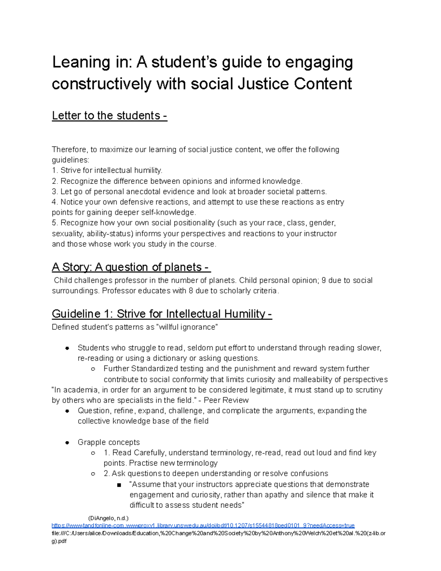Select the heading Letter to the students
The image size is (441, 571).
(109, 115)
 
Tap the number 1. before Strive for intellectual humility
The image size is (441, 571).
(55, 170)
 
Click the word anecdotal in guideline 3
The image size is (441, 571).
(143, 192)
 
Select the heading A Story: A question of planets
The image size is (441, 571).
(131, 267)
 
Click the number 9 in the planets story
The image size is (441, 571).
(323, 281)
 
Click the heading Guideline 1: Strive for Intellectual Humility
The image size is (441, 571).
(162, 314)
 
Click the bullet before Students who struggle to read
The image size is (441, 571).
(67, 348)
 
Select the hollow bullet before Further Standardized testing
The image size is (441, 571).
(93, 369)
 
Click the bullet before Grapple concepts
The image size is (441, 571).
(67, 443)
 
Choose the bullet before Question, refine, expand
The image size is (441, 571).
(67, 411)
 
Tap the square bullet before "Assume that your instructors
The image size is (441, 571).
(119, 485)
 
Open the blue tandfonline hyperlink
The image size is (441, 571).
(203, 525)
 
